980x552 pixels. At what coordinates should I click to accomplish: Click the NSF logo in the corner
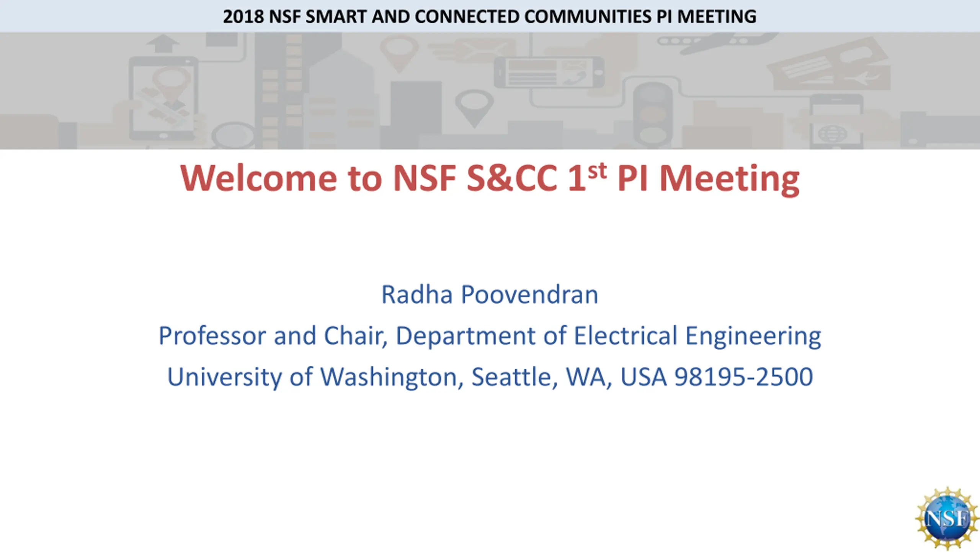point(947,519)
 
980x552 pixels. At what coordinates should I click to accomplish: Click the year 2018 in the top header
point(243,16)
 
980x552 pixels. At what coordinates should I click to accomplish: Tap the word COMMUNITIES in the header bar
point(588,16)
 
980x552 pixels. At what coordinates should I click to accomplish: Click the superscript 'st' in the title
point(597,171)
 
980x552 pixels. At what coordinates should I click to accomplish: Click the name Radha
point(417,294)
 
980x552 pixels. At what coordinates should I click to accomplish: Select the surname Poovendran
point(529,294)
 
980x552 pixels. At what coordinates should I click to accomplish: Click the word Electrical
point(626,336)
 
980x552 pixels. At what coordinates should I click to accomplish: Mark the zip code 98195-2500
point(743,376)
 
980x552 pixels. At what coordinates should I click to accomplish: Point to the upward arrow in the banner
point(163,43)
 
